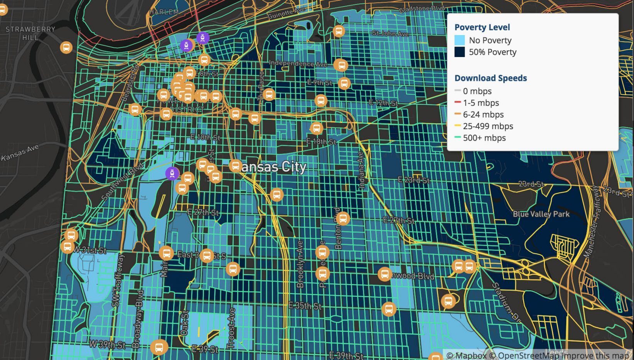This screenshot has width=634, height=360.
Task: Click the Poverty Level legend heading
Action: click(x=482, y=27)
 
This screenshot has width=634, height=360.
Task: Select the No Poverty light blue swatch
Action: click(x=460, y=40)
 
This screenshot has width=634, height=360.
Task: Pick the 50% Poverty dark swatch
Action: click(x=460, y=52)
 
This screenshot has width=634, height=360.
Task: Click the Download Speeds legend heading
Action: click(x=491, y=78)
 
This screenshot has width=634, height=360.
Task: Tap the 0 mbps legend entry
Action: click(x=477, y=91)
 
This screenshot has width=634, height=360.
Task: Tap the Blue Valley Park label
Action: click(x=541, y=214)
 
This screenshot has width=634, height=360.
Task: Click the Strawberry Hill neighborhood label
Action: click(x=30, y=33)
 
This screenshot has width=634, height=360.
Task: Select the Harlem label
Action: click(x=164, y=12)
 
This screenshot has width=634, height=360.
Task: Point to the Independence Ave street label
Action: click(x=297, y=63)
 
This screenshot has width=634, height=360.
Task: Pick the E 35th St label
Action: click(x=305, y=306)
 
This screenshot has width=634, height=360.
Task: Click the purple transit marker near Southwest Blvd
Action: click(x=172, y=173)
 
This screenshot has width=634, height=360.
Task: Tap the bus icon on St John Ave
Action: click(x=339, y=31)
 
